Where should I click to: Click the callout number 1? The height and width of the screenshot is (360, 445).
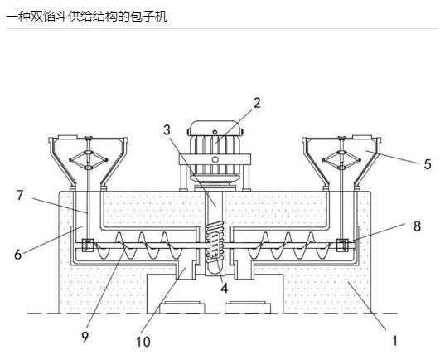click(394, 341)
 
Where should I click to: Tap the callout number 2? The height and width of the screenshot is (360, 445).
click(257, 103)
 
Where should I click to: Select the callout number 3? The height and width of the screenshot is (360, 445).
click(167, 130)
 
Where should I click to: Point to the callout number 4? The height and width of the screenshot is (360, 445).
click(225, 288)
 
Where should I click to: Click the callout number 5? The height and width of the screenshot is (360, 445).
click(428, 164)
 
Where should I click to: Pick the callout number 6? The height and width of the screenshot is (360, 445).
click(18, 255)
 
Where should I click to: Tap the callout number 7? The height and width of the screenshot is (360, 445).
click(20, 195)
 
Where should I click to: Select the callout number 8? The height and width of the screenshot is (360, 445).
click(417, 226)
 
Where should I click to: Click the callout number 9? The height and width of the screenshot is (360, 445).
click(85, 337)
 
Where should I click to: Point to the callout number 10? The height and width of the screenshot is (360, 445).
click(143, 342)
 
